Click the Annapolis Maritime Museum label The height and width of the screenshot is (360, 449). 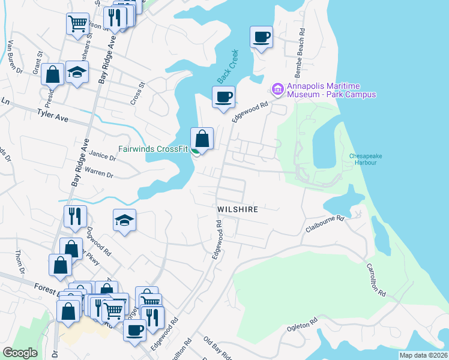point(331,90)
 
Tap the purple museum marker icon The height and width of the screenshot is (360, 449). point(277,90)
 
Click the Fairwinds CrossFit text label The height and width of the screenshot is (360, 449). point(152,149)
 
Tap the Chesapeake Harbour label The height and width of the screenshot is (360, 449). point(366,160)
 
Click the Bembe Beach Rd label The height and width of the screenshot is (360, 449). point(301,47)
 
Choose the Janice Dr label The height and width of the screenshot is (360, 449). point(102,156)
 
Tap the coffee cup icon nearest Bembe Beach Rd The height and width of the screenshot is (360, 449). point(262,37)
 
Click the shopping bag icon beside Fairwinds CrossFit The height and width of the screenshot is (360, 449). point(203,139)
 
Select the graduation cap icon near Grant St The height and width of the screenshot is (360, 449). point(77,72)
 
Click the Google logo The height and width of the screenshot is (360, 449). point(20,353)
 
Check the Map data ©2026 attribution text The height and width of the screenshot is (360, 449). point(423,355)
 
